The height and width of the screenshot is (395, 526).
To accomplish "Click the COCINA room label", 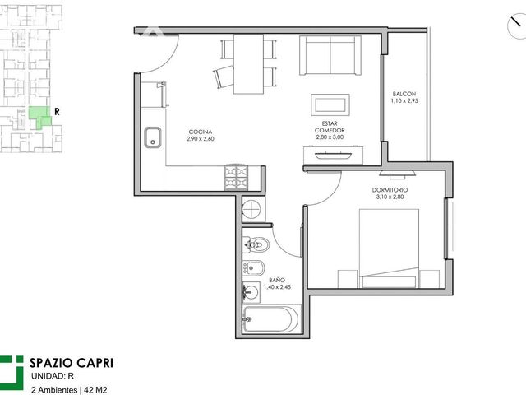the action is pos(201,132).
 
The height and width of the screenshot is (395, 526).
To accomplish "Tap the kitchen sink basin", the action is pos(153,137).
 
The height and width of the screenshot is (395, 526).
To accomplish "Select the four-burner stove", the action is pos(236,178).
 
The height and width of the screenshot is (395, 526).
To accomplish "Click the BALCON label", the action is pos(404,94).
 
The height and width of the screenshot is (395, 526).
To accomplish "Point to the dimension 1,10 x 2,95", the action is pos(404,100).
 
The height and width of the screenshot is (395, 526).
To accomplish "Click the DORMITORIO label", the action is pos(390,190).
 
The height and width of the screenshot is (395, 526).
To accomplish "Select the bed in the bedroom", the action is pos(389,249).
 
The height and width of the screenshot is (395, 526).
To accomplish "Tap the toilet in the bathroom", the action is pos(256,244).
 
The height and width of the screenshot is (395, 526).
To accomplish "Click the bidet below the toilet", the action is pos(254,267).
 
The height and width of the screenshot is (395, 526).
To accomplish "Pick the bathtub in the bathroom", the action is pos(270,318).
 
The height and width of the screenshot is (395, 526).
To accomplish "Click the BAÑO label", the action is pos(277,280).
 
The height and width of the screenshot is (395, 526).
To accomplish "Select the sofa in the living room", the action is pos(330,55).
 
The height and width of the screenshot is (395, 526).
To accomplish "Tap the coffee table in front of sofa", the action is pos(330,105).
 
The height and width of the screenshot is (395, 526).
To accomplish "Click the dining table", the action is pos(248,64).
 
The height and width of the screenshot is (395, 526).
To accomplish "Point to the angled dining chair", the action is pos(223,77).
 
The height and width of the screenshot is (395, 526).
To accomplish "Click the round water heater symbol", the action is pos(251,210).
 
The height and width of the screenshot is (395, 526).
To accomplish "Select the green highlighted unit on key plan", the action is pos(39,117).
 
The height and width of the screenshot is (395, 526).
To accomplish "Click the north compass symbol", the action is pos(517,27).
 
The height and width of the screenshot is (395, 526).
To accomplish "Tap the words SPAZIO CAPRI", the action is pos(72,363).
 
